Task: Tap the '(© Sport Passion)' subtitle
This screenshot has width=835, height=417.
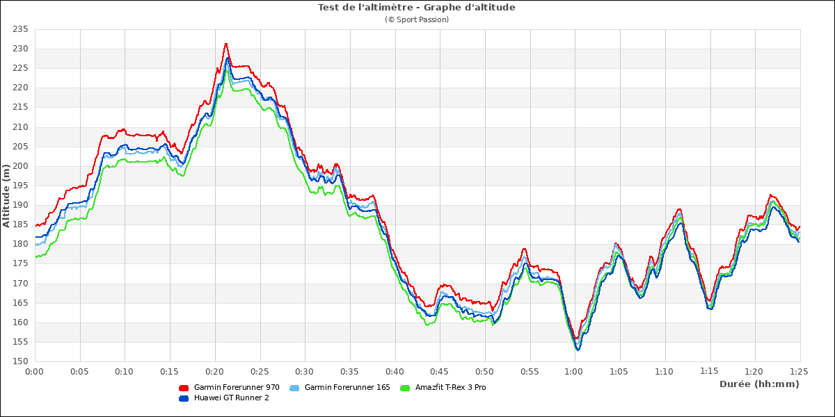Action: pos(416,19)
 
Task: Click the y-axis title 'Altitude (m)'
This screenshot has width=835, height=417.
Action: pos(6,195)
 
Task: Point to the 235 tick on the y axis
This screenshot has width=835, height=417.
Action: pos(19,29)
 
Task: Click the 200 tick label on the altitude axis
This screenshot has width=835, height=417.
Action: pos(19,166)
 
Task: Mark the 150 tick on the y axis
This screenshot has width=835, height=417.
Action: pos(19,361)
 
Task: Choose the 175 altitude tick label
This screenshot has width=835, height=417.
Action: pos(19,263)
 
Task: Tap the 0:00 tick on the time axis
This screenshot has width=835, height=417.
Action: pos(35,372)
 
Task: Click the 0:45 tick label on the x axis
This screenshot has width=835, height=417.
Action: pos(440,372)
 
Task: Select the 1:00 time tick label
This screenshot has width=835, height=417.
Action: pos(575,372)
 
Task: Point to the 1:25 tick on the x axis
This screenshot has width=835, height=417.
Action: pos(800,372)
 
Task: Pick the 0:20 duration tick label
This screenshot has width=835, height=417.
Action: pos(215,372)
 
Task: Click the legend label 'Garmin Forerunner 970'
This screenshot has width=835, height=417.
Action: pos(237,387)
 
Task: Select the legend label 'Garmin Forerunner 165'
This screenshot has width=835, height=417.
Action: pos(347,387)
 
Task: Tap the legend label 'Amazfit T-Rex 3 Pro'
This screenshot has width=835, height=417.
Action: pos(451,387)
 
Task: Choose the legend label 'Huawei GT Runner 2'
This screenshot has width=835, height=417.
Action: pos(231,398)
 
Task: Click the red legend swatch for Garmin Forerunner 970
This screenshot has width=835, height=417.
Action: pos(184,388)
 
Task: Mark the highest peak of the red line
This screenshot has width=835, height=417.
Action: pos(226,44)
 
